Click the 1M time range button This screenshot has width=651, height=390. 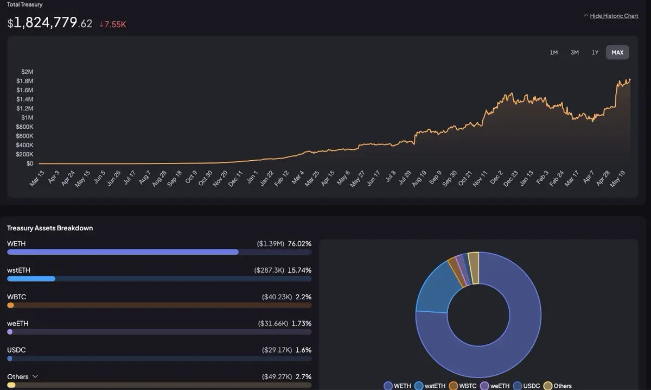pos(553,52)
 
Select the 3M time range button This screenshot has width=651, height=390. pos(575,52)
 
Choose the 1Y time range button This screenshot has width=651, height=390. pos(595,52)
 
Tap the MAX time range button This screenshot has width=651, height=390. pos(617,52)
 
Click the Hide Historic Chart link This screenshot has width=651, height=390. pos(614,16)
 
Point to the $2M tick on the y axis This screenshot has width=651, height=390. pos(27,72)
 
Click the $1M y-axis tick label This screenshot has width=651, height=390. pos(27,117)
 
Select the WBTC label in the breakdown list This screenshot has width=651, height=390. pos(16,297)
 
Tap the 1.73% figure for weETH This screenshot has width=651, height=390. pos(302,323)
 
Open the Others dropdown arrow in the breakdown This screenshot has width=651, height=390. pos(35,376)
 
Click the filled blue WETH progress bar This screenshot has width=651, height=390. pos(123,252)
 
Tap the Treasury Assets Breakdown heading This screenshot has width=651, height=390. pos(50,228)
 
